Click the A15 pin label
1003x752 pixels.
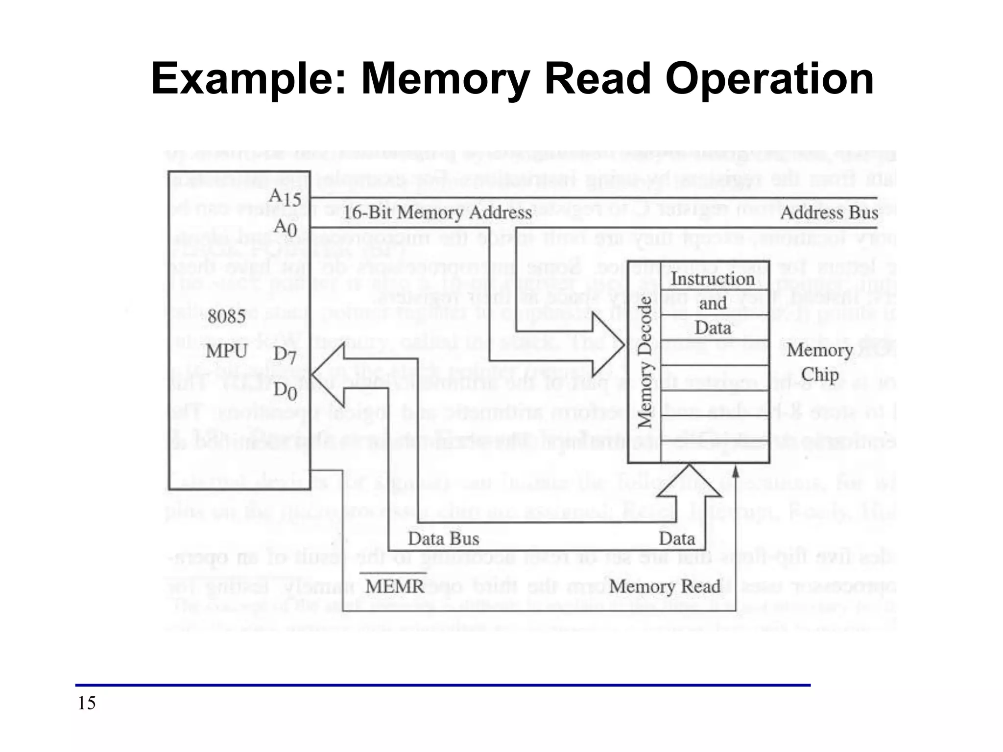[x=285, y=197]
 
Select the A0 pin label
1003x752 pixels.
[x=285, y=228]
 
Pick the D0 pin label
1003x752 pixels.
[x=285, y=391]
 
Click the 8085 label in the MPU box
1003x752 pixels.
[x=226, y=317]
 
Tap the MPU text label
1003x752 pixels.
[x=226, y=351]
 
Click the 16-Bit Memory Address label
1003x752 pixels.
[x=437, y=212]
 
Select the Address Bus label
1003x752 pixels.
[x=829, y=213]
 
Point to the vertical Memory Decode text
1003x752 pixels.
[x=645, y=362]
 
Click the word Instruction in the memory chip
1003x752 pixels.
[x=713, y=279]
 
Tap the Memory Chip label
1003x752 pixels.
[x=819, y=362]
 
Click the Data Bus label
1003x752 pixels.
[x=443, y=539]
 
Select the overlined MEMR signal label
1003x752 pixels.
[x=395, y=586]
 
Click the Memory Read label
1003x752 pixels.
[x=665, y=586]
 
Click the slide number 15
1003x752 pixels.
[x=87, y=703]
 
